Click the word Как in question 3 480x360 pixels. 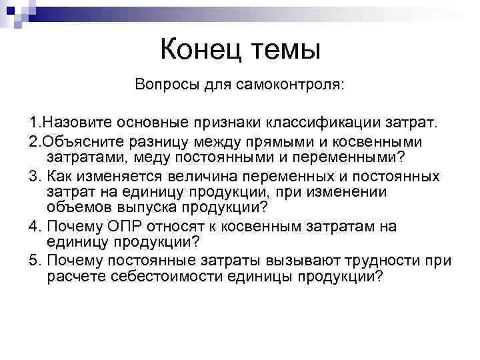[x=59, y=176]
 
